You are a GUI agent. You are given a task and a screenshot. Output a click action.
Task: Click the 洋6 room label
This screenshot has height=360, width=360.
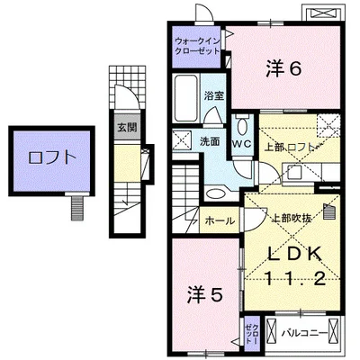pos(283,69)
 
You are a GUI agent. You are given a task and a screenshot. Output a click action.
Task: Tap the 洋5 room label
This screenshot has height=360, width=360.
pos(205,294)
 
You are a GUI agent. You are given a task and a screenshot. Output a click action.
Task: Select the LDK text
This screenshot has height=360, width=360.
pos(295,255)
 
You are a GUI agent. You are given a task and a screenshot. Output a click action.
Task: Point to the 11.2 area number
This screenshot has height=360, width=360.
pos(295,278)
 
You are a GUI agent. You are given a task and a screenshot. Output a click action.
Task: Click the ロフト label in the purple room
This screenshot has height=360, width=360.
pos(51,157)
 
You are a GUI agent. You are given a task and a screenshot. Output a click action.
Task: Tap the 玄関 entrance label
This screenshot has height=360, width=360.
pos(127,128)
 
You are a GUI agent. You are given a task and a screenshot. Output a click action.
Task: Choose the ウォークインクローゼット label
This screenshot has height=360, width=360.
pos(198,46)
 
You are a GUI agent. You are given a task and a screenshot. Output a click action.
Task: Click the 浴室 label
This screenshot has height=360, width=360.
pos(214,95)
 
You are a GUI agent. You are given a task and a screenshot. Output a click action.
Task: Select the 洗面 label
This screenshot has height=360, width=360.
pos(210,141)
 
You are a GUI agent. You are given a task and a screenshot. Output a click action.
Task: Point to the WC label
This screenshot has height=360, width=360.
pos(242,144)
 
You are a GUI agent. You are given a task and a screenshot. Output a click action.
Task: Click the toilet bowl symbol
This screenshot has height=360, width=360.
pos(242,126)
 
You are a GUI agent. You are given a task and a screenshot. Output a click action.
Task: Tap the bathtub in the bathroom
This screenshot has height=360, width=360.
pos(186,98)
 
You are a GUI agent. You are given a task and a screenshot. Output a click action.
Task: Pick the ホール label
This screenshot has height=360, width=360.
pos(220,221)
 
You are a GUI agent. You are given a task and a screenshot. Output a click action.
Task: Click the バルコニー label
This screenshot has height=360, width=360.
pos(304,333)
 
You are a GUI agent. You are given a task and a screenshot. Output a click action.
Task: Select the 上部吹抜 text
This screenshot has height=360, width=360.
pos(291,219)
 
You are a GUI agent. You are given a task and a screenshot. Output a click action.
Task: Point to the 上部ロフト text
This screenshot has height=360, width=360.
pos(291,148)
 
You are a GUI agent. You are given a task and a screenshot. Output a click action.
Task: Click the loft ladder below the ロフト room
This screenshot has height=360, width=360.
pos(77,208)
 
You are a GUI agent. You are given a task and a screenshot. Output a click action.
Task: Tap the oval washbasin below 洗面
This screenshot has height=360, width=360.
pos(215,193)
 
